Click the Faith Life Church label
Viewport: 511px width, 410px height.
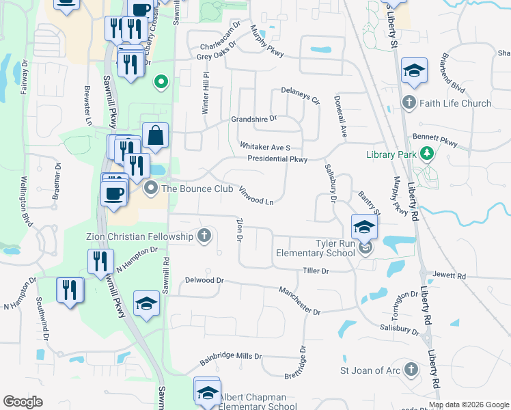click(456, 103)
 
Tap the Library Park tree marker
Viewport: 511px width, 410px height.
click(428, 153)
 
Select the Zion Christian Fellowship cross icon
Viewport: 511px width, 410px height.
click(204, 236)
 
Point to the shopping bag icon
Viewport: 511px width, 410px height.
click(156, 135)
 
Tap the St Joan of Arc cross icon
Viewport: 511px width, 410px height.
click(410, 370)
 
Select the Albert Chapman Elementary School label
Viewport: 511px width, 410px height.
click(256, 402)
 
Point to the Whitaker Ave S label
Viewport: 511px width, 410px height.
click(265, 147)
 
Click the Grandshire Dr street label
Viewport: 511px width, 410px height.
click(253, 118)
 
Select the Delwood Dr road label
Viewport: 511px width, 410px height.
click(204, 280)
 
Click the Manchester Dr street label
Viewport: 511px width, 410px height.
click(299, 301)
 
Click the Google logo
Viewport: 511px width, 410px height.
click(23, 402)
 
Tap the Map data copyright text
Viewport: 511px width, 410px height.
click(469, 405)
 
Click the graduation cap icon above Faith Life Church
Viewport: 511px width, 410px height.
click(414, 70)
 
